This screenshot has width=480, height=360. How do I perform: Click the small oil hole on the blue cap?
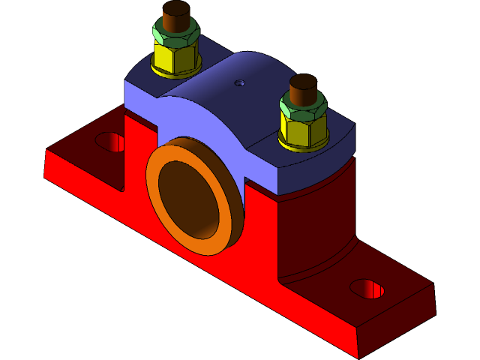pos(240,82)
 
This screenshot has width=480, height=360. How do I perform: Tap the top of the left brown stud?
pos(176,10)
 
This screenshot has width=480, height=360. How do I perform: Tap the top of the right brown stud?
pos(304,81)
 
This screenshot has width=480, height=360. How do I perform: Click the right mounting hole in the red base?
pos(367,288)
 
